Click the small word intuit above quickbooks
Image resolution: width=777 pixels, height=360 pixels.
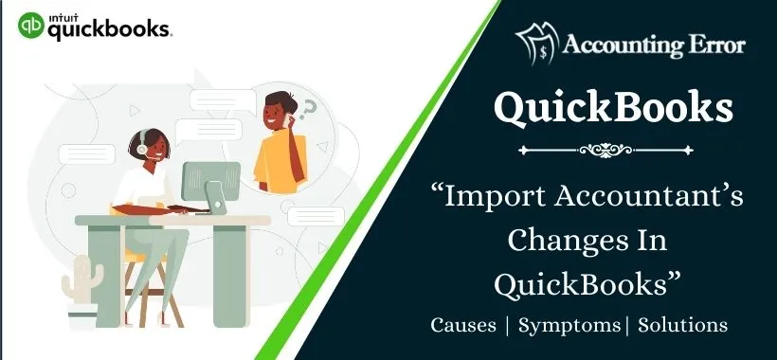[x=62, y=14]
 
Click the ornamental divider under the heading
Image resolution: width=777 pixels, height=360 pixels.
[x=612, y=149]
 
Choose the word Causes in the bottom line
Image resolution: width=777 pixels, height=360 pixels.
[x=462, y=325]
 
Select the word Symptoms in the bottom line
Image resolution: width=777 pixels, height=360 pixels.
[x=568, y=325]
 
